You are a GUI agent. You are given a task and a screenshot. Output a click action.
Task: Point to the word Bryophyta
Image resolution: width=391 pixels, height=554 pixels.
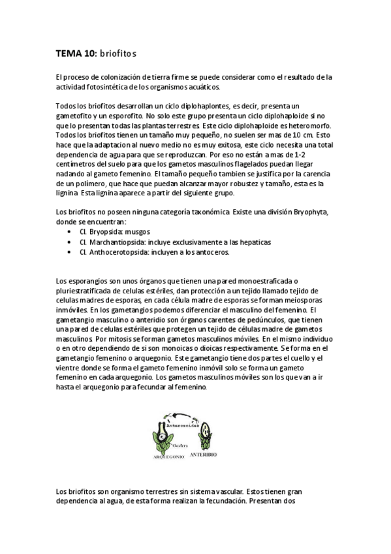click(309, 213)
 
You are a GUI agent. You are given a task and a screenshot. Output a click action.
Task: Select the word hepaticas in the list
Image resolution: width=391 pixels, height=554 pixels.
click(235, 242)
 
